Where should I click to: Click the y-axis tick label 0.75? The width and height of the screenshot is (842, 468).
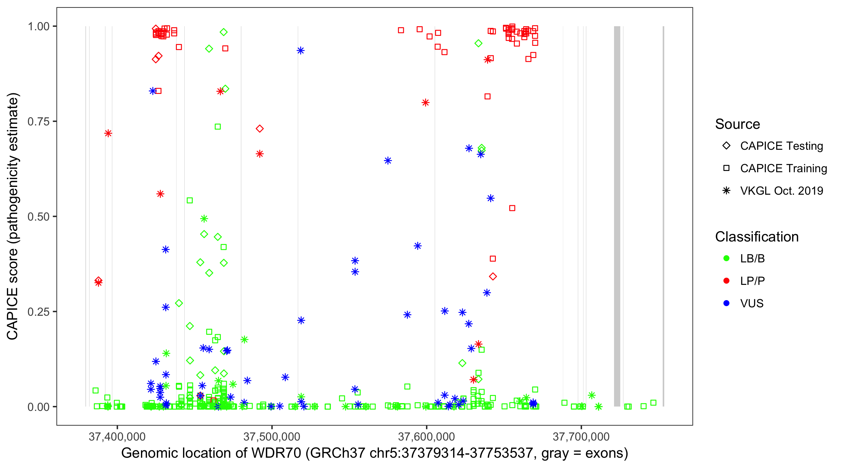coord(38,122)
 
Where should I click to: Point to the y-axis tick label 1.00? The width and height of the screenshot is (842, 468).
coord(38,27)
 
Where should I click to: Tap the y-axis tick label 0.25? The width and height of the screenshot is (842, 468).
coord(38,312)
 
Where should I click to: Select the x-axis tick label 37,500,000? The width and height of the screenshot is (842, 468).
coord(272,436)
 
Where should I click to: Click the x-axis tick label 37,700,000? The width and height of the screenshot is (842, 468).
coord(581,436)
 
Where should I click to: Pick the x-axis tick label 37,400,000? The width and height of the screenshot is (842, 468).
coord(117,436)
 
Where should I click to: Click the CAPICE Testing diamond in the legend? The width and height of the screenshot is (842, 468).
coord(726,146)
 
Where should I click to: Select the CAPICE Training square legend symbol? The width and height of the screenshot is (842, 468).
coord(726,168)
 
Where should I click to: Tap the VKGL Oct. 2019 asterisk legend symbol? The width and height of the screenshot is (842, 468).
coord(726,191)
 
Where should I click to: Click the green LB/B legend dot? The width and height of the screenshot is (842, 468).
coord(726,258)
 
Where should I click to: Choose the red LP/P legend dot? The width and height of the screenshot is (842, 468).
coord(726,281)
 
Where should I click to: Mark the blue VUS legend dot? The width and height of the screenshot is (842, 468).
coord(726,303)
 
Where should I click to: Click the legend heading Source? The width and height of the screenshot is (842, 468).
coord(738,124)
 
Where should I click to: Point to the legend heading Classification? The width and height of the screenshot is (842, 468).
coord(757,237)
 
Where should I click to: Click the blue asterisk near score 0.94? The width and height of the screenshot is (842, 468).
coord(301,50)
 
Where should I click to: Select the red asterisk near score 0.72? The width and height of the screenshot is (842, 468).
coord(108,133)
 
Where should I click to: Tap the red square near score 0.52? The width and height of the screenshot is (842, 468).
coord(512,208)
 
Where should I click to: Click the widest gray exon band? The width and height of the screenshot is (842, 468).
coord(617,216)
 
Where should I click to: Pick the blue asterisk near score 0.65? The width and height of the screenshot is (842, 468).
coord(388,161)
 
